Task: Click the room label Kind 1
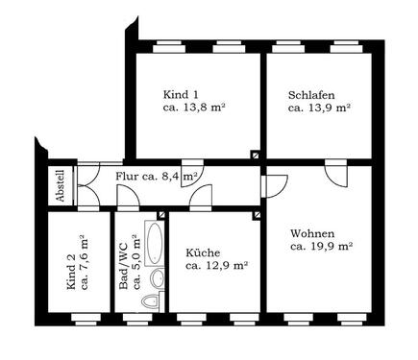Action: [181, 94]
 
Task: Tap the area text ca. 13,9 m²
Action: [319, 108]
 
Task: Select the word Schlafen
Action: [310, 94]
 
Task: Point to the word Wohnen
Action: [313, 231]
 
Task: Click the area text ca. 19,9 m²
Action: [321, 246]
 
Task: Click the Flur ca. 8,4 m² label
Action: [157, 178]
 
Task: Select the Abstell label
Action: [60, 184]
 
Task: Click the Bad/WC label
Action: [122, 264]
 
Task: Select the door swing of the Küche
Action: [203, 198]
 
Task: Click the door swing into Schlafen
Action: [336, 176]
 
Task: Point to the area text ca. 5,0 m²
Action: [135, 264]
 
